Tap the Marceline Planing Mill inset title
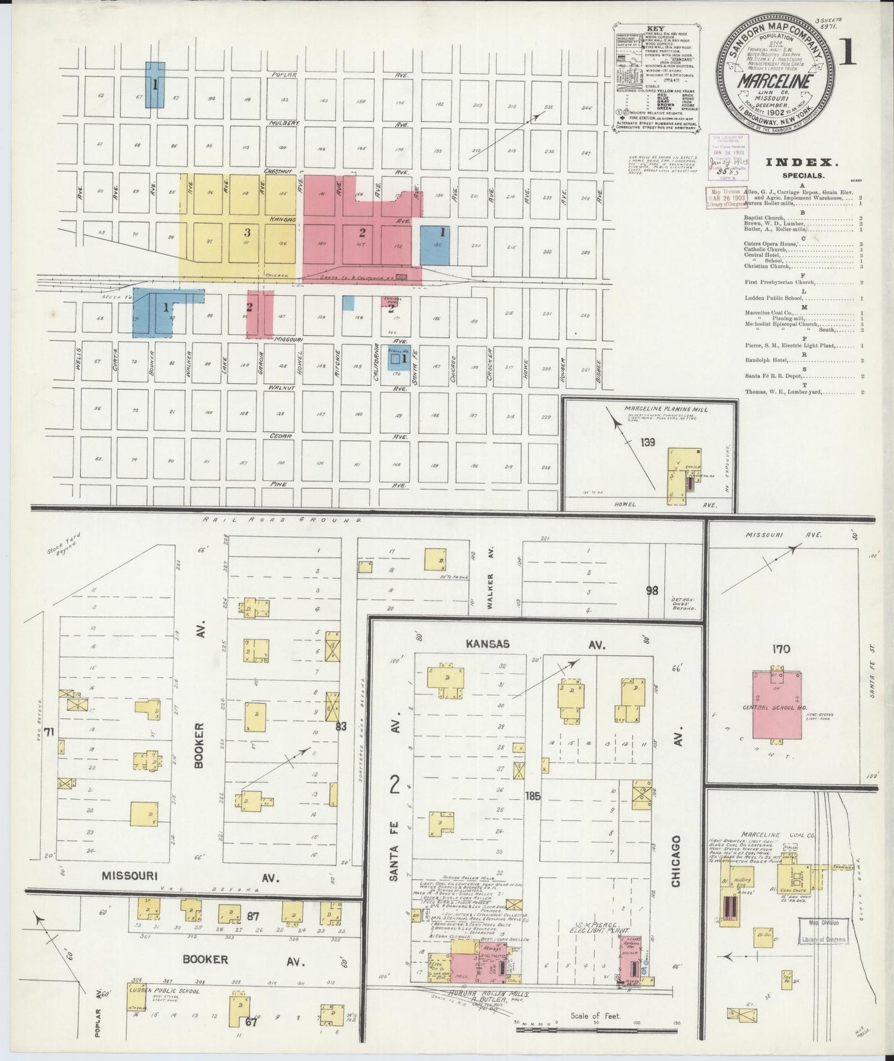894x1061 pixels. (666, 409)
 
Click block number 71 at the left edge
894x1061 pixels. (49, 732)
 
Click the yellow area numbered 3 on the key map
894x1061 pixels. (247, 233)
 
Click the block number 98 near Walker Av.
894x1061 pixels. (651, 591)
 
